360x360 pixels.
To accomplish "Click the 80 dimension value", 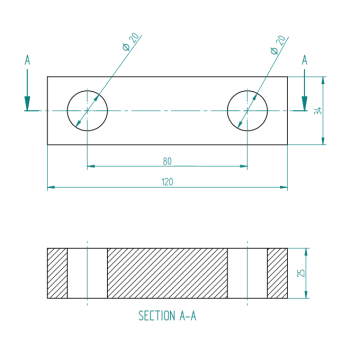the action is [167, 161].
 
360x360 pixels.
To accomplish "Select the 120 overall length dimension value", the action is [167, 182].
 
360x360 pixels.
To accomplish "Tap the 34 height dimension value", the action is [319, 111].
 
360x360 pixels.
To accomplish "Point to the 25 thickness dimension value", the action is [301, 273].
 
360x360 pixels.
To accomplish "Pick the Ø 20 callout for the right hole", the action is [278, 45].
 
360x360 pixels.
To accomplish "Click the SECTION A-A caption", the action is [167, 316].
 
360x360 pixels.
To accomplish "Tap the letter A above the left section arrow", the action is [27, 60].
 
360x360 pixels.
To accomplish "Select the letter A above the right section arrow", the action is [304, 60].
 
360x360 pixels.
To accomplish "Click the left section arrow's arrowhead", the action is [27, 103].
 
